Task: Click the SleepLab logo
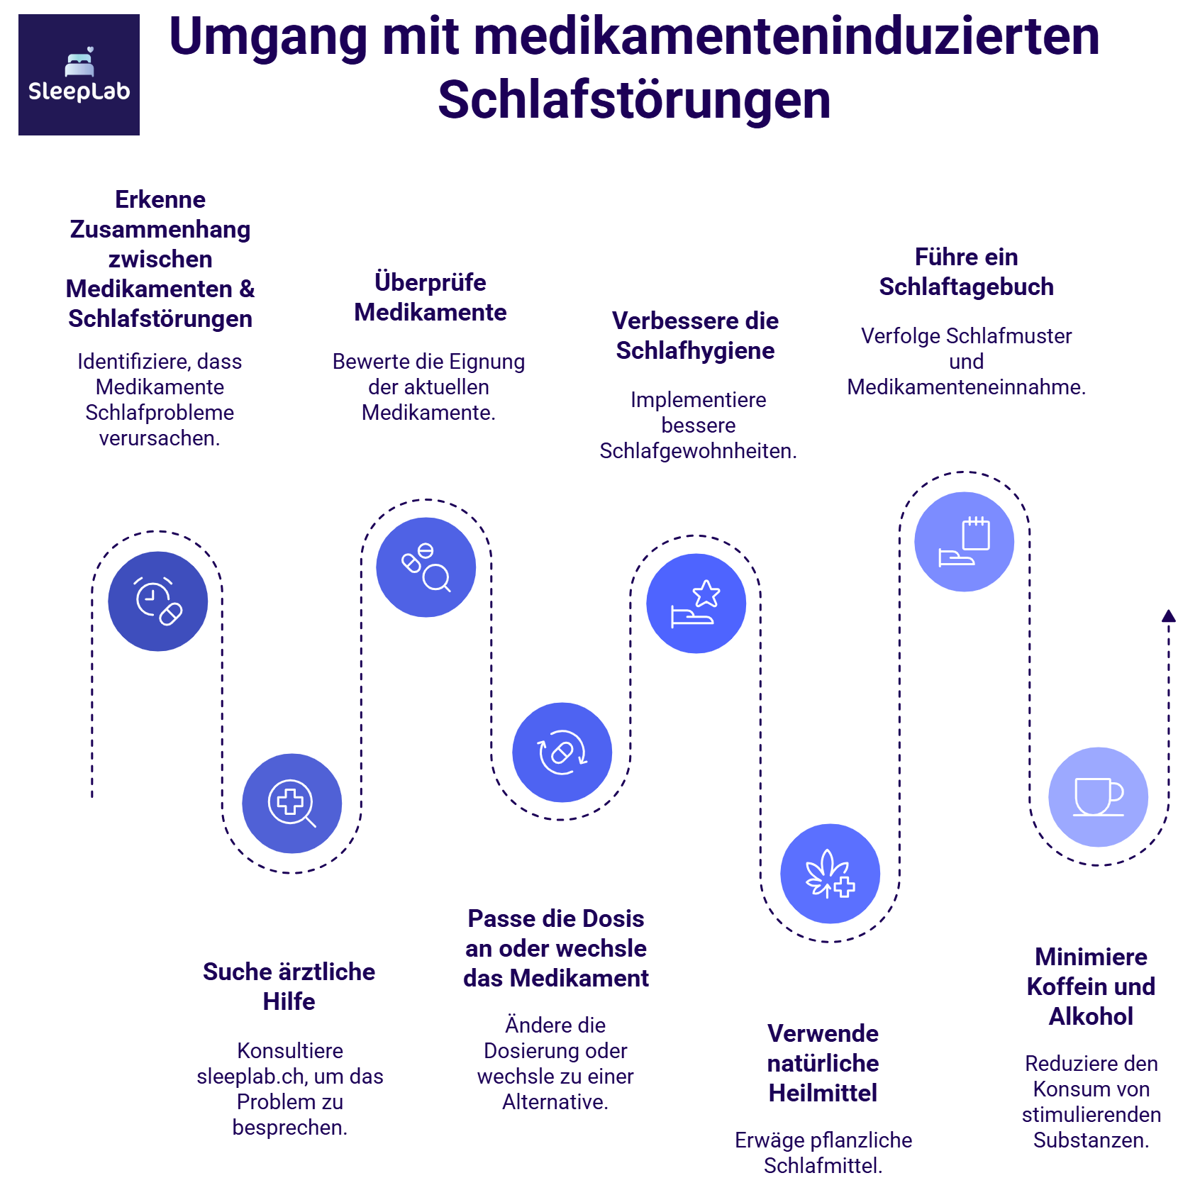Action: [79, 74]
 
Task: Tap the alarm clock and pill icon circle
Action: [158, 601]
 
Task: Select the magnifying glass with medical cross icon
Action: [291, 804]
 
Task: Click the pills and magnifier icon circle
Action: [426, 567]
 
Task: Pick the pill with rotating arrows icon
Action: [562, 752]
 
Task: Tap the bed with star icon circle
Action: [696, 604]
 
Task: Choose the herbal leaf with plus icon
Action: [830, 874]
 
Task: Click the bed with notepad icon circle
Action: [964, 542]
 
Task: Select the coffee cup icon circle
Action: [1098, 796]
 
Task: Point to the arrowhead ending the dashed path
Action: [1169, 616]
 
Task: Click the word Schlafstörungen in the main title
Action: [634, 100]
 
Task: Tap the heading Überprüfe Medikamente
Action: [430, 297]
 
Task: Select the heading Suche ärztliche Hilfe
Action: [289, 986]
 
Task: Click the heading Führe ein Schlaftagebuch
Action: [966, 272]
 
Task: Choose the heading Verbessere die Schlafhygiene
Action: [695, 335]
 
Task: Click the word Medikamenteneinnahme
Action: [966, 387]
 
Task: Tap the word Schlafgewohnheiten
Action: [698, 451]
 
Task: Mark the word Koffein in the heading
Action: [1060, 986]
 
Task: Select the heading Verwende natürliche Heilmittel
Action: [823, 1063]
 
